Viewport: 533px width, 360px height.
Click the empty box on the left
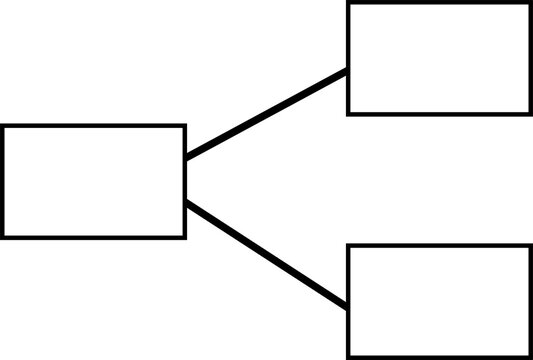(94, 181)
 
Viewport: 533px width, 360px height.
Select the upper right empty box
(439, 58)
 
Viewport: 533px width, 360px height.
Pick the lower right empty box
(439, 301)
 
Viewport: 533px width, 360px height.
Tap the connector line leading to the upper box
(267, 114)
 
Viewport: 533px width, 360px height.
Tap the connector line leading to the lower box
(267, 255)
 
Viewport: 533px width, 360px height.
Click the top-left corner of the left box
(3, 126)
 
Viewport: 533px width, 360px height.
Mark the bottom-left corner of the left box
(3, 236)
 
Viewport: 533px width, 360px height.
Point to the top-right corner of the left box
(185, 126)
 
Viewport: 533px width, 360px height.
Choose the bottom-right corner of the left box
(185, 236)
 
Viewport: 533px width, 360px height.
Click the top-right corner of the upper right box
(530, 4)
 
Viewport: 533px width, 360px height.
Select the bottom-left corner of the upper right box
(349, 112)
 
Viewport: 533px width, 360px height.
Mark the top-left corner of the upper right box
(349, 4)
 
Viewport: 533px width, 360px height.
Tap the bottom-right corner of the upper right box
(530, 112)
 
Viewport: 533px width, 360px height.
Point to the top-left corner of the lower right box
(349, 246)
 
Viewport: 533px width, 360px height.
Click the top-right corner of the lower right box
(530, 246)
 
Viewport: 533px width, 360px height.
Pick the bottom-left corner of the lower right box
(349, 356)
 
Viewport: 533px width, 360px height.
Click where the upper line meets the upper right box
(348, 71)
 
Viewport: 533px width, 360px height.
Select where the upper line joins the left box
(186, 157)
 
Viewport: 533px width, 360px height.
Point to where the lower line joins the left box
(186, 204)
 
